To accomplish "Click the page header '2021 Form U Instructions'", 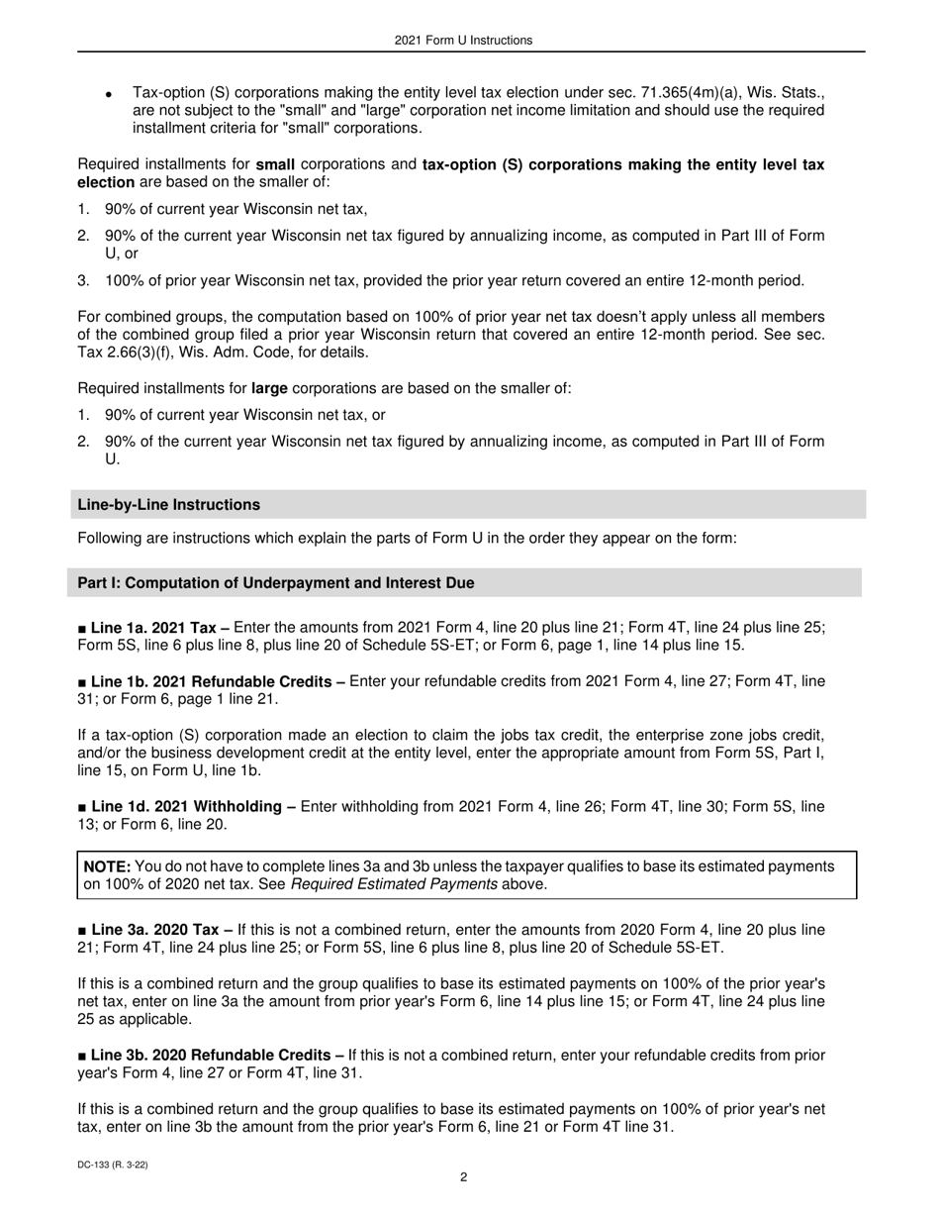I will click(x=463, y=41).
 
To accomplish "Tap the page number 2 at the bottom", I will click(x=463, y=1177).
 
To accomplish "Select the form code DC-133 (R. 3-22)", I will click(x=113, y=1166).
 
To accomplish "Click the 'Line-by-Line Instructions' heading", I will click(x=169, y=505).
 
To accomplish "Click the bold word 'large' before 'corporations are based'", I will click(x=269, y=389).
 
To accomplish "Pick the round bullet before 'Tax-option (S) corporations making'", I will click(x=110, y=93).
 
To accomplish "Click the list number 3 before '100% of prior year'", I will click(x=83, y=281).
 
